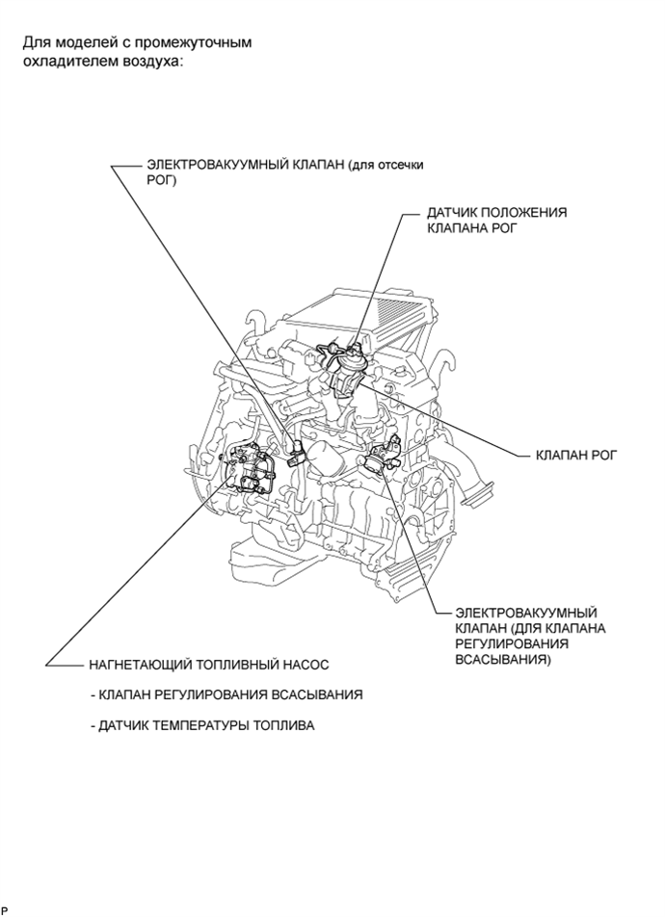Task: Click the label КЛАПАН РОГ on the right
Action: [x=575, y=453]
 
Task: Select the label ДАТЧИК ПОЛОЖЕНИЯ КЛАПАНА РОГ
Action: [x=496, y=221]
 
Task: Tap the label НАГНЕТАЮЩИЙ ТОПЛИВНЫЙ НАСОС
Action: [x=208, y=665]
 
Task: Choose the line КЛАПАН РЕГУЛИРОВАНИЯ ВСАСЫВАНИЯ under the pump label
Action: [x=226, y=694]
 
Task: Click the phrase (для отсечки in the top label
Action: [x=391, y=165]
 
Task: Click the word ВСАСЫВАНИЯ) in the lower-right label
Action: [x=502, y=661]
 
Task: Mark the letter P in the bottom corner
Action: [x=5, y=909]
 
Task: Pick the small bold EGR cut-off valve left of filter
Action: [x=295, y=453]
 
